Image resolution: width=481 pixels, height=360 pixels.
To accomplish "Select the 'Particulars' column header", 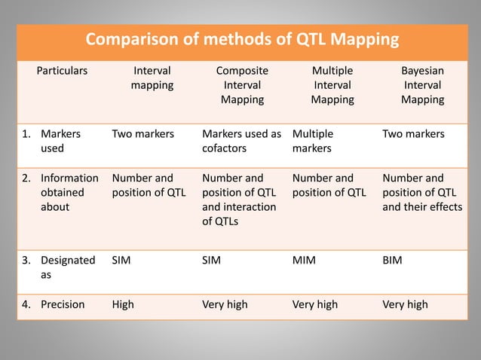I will [63, 72].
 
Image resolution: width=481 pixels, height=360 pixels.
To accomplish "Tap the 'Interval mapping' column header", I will [152, 78].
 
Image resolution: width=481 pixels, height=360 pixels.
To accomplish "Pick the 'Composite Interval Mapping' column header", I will [241, 85].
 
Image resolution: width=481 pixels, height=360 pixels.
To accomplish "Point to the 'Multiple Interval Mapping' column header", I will [332, 85].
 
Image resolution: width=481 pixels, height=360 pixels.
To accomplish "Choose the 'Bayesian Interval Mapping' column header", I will [422, 85].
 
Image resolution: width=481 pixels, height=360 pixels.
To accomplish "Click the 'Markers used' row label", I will [60, 142].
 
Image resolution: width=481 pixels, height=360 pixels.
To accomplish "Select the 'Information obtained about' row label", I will [69, 193].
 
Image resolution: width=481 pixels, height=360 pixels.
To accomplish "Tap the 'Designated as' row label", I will [67, 267].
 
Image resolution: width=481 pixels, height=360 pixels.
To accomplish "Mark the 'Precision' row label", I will [63, 305].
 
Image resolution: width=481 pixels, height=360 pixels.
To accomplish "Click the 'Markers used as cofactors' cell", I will [241, 142].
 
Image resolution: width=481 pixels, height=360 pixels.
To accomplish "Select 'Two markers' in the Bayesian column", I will [413, 135].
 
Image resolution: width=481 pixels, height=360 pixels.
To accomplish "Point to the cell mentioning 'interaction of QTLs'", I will [239, 200].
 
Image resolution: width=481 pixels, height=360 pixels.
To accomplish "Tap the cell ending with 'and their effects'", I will [422, 193].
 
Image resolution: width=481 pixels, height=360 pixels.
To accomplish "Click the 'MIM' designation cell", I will [303, 260].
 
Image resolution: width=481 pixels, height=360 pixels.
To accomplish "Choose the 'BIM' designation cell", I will [392, 260].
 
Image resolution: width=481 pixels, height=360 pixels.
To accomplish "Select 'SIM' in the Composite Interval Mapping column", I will [213, 260].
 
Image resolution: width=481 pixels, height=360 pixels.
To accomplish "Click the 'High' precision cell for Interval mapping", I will [124, 305].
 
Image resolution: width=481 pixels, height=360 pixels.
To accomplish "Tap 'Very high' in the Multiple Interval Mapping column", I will [314, 305].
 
